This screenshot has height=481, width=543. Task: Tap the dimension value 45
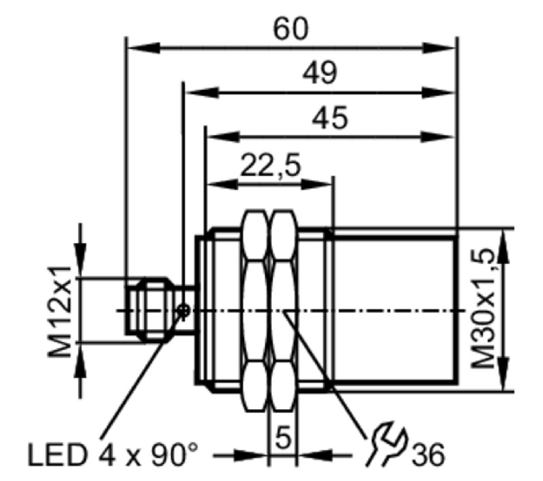330,118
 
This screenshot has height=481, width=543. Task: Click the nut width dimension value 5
283,438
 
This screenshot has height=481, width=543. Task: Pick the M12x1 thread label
59,312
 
